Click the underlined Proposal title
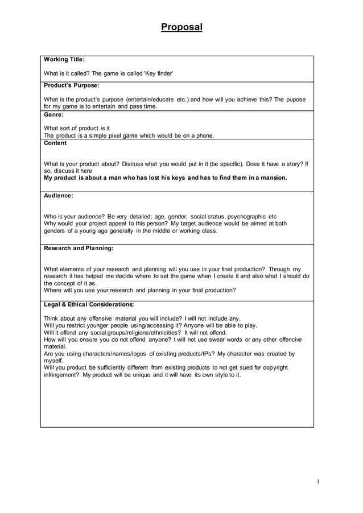coord(181,27)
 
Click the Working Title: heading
coord(64,59)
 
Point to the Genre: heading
coord(54,114)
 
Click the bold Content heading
coord(55,143)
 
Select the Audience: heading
coord(59,196)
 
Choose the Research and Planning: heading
coord(79,248)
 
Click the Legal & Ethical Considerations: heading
coord(89,304)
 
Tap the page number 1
coord(319,482)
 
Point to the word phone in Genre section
coord(203,135)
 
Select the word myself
coord(53,361)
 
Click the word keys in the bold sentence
coord(175,177)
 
